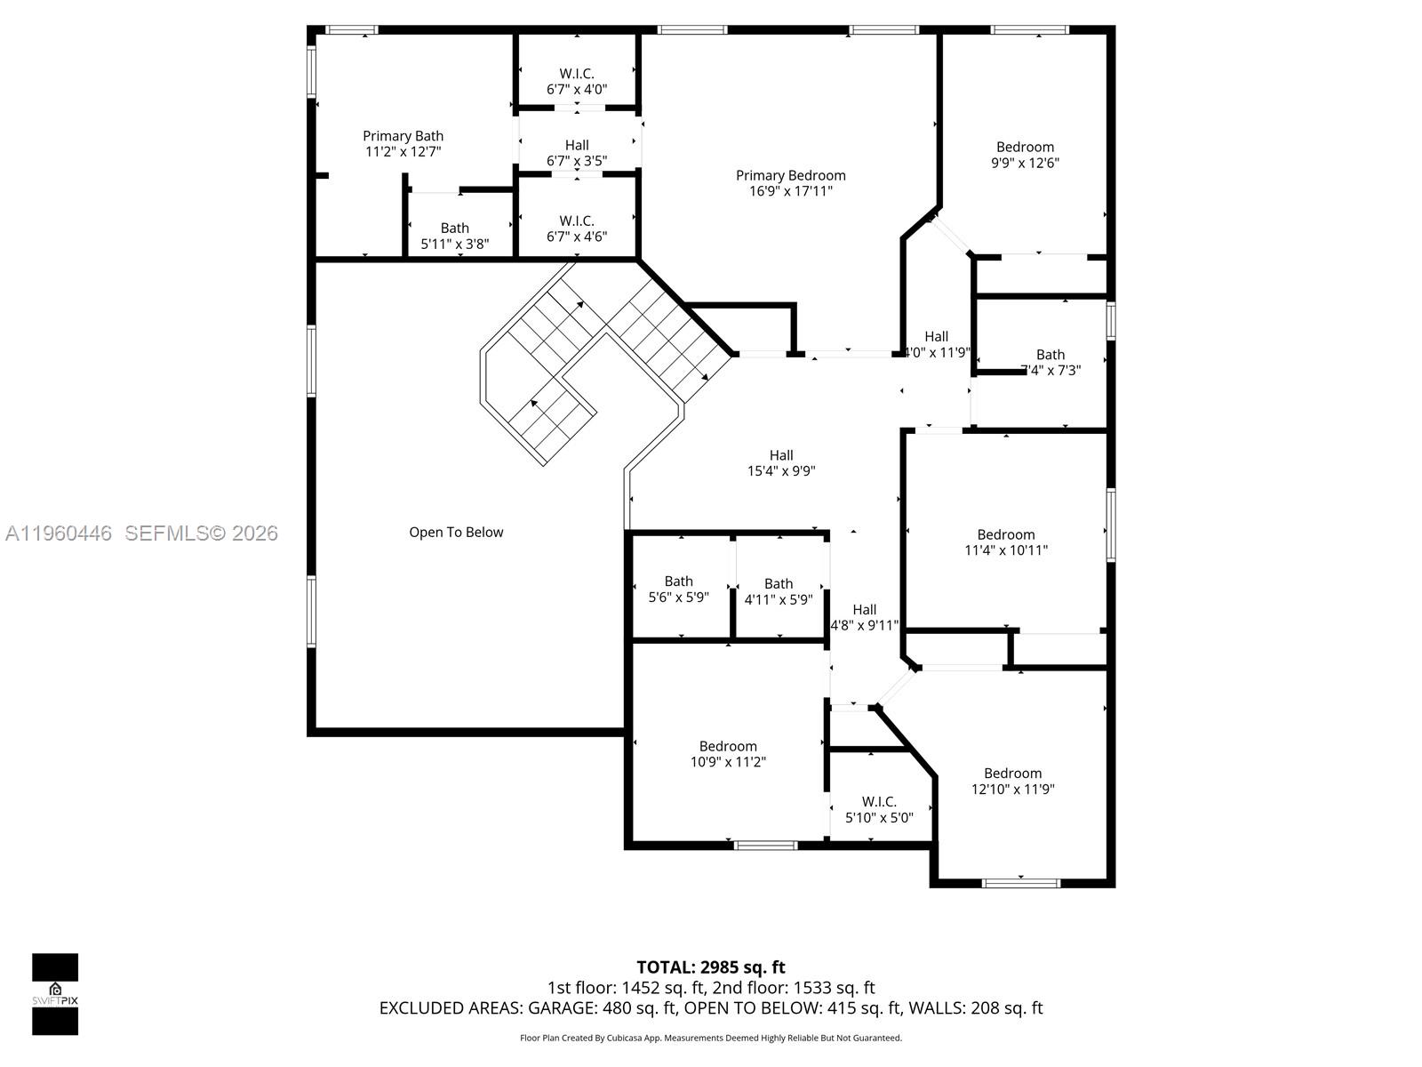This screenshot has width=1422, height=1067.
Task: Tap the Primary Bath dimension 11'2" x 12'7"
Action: click(x=403, y=152)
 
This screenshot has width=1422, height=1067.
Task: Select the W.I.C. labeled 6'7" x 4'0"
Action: click(x=576, y=82)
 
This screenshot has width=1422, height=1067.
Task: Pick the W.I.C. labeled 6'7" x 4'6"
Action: click(x=576, y=229)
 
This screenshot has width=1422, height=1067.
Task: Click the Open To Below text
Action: click(x=456, y=533)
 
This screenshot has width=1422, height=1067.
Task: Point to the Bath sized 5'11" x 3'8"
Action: click(x=454, y=236)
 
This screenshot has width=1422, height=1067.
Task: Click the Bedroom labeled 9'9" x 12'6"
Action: click(x=1025, y=155)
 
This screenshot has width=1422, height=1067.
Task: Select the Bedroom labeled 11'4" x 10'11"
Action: click(x=1006, y=542)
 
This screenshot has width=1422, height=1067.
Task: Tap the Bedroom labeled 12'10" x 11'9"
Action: click(x=1012, y=781)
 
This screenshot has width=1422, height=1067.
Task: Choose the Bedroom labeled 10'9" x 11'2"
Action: click(x=728, y=754)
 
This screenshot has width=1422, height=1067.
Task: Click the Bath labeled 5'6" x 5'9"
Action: click(x=678, y=590)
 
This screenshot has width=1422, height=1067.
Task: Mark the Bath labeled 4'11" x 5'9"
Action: click(x=778, y=591)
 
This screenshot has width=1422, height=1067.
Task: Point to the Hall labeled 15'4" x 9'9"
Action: click(x=781, y=463)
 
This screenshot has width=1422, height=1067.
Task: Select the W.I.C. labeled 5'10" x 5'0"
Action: click(x=879, y=809)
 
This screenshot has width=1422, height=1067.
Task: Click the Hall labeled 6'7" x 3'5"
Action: click(x=576, y=153)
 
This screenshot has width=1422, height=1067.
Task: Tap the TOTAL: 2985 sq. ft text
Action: click(x=710, y=967)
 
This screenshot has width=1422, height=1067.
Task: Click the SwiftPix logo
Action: click(x=55, y=993)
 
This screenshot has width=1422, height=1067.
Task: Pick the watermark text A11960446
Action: click(x=59, y=533)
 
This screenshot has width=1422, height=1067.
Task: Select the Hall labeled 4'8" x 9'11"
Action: click(x=864, y=617)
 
